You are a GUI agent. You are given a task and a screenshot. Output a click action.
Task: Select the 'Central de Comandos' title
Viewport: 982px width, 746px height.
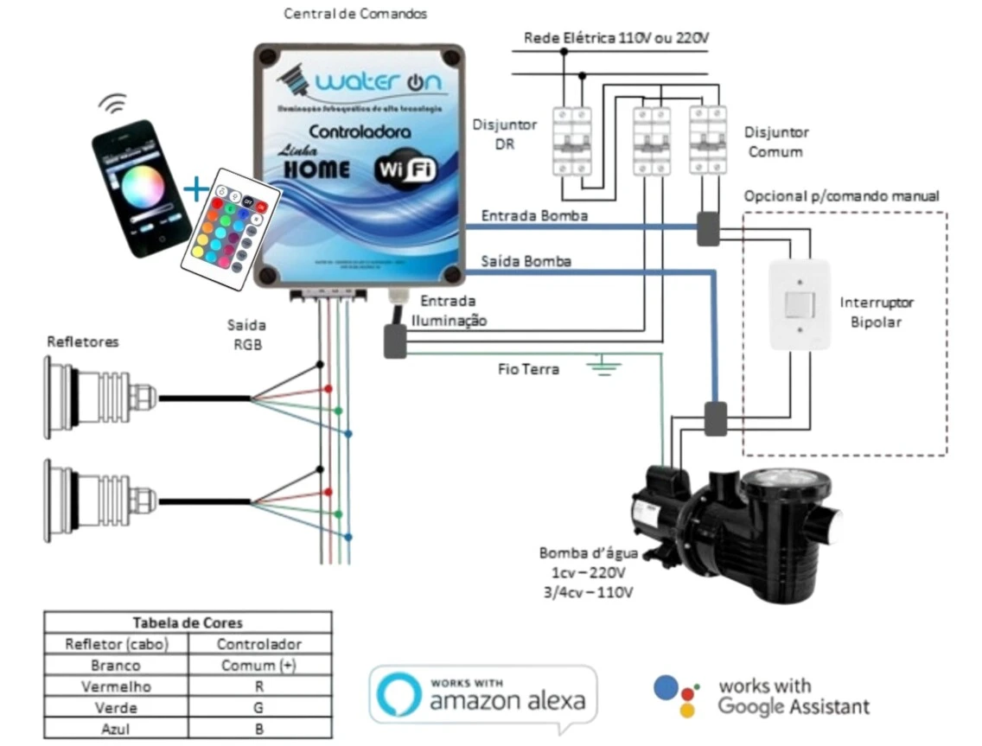click(355, 14)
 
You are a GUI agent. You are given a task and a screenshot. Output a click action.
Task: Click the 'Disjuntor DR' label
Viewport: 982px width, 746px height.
click(504, 134)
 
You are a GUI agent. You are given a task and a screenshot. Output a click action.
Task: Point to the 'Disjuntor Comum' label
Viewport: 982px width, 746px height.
click(776, 142)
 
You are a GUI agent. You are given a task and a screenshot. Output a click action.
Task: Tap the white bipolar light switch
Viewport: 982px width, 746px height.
click(799, 303)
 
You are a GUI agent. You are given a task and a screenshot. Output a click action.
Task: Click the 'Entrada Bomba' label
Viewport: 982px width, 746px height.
click(534, 215)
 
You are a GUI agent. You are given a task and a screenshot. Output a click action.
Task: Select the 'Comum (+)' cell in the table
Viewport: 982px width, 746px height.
click(258, 666)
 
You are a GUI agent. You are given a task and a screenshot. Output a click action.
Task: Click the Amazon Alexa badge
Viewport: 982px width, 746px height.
click(483, 695)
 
